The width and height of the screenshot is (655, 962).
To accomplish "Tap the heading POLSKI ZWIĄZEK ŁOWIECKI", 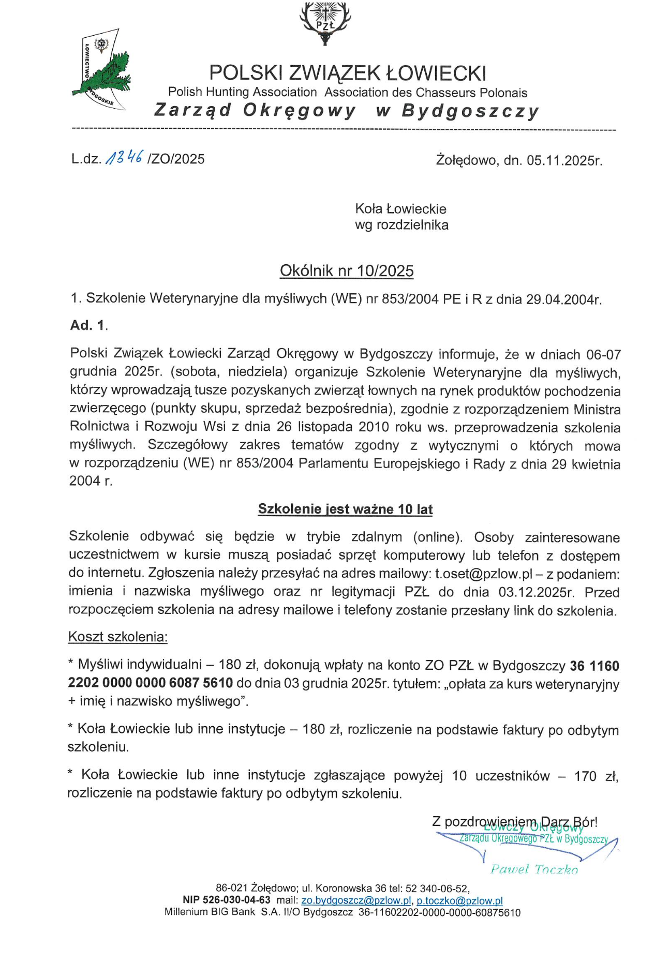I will (348, 73).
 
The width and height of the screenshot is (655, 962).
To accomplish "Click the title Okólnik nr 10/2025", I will (347, 271).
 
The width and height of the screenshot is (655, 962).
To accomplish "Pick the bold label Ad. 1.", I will (89, 325).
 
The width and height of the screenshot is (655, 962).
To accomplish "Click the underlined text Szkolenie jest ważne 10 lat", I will (345, 509).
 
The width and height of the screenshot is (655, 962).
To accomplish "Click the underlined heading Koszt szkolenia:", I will (118, 637).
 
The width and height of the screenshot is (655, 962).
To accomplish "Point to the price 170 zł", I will (596, 776).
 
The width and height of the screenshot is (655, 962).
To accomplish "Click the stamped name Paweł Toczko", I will (534, 869).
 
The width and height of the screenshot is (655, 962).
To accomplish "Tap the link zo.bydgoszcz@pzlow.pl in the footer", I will (356, 900).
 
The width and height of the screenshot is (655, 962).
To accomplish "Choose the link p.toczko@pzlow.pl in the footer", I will (459, 900).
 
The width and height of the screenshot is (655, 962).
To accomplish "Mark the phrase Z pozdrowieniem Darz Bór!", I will (514, 822).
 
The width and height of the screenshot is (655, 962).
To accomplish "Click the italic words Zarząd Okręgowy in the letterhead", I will (255, 111).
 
